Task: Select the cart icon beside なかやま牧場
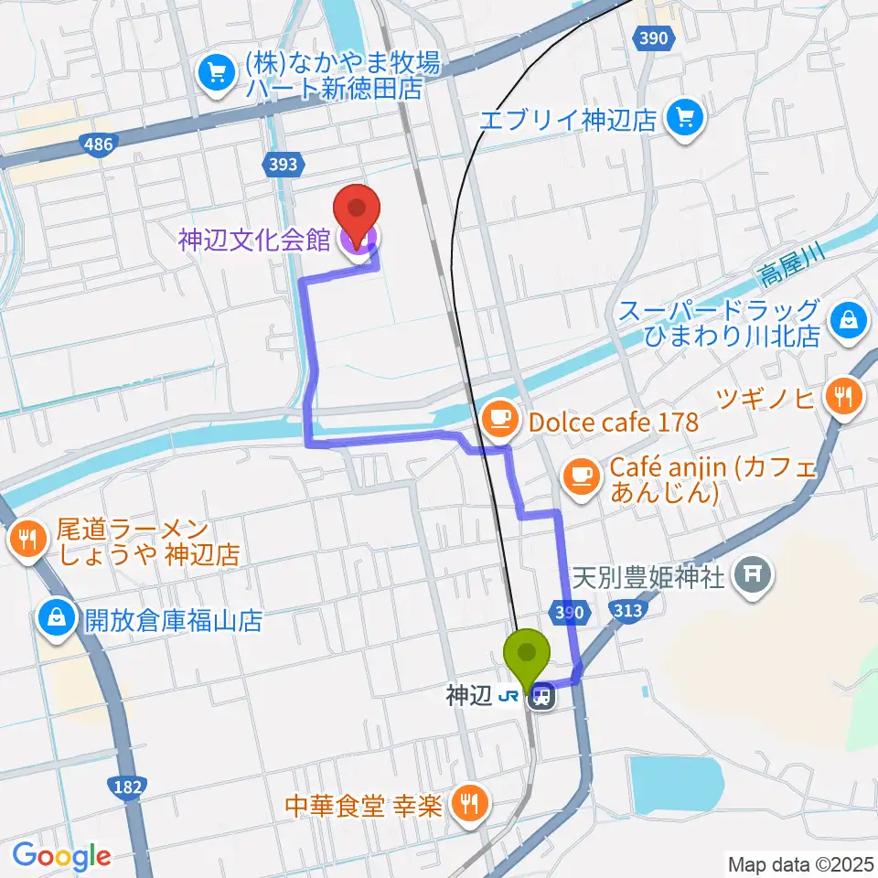(217, 71)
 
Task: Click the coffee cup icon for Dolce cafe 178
(498, 420)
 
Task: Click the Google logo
(61, 855)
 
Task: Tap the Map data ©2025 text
(800, 863)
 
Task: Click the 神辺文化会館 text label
(254, 240)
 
